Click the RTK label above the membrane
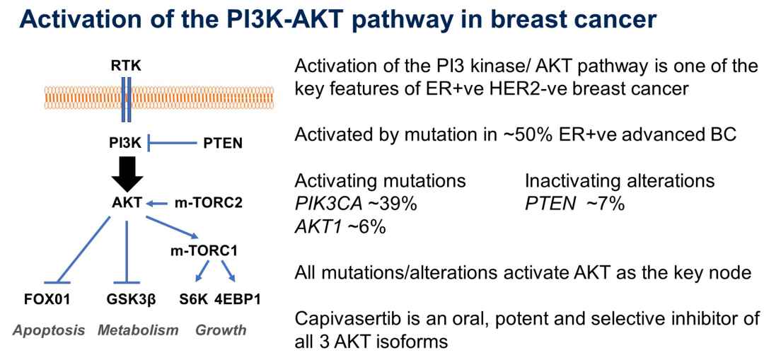point(126,65)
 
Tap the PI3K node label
point(125,144)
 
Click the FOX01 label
point(47,298)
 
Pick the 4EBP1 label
point(238,298)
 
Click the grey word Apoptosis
point(49,331)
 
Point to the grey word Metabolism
point(138,331)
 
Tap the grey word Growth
point(221,331)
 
